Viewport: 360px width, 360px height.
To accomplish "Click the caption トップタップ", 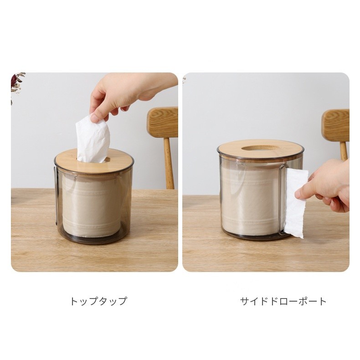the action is point(98,301).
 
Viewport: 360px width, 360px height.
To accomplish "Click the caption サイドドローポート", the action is point(283,301).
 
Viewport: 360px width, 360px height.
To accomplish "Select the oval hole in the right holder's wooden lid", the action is point(259,148).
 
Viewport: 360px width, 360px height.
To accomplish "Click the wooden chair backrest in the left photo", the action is point(163,123).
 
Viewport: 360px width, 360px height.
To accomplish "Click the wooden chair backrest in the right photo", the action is point(336,125).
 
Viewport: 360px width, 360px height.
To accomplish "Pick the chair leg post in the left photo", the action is point(169,163).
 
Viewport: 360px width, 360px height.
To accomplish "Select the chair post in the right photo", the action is point(344,151).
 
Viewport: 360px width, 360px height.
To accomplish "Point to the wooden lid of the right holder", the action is point(261,149).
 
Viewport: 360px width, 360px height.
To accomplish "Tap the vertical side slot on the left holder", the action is point(56,195).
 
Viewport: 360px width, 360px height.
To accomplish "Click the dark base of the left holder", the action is point(93,239).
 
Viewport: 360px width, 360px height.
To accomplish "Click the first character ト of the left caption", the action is point(74,301).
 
